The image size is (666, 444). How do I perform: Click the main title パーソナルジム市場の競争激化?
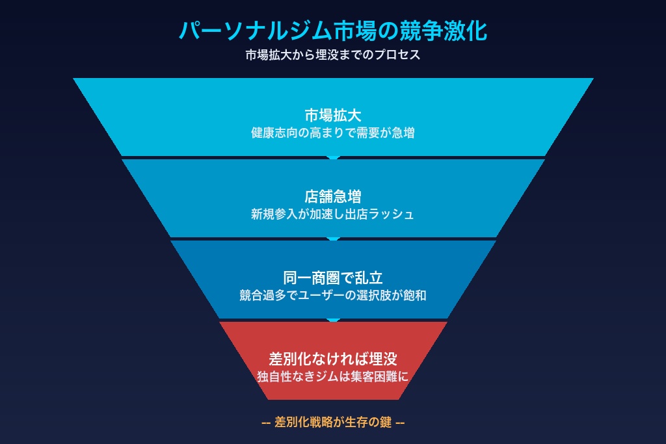[332, 31]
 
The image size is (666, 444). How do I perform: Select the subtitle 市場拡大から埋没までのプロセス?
[332, 55]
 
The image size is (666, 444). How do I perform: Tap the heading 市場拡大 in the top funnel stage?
[333, 116]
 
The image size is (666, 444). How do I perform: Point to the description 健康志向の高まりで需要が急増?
[333, 133]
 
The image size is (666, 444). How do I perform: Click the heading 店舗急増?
[333, 196]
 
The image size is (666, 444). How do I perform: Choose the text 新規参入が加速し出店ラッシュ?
[333, 214]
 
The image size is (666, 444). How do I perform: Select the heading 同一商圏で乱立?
[333, 278]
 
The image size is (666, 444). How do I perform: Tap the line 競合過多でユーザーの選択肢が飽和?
[333, 294]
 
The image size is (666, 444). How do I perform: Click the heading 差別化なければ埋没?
[333, 359]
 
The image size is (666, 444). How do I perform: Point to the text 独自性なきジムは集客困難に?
[333, 376]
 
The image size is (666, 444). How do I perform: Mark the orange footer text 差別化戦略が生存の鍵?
[333, 422]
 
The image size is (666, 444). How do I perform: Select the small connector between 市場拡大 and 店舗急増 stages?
[333, 157]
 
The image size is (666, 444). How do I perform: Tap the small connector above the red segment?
[333, 320]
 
